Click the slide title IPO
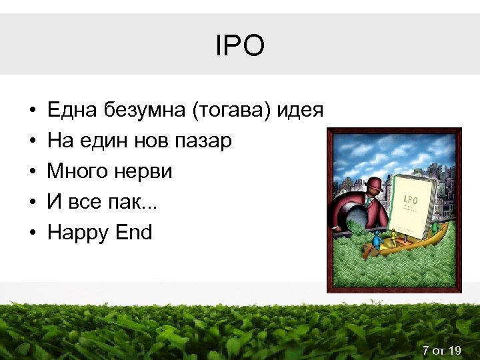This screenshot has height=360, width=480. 240,46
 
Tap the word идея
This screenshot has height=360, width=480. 301,111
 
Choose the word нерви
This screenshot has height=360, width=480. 142,172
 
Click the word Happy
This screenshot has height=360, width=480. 77,233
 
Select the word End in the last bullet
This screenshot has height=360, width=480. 133,233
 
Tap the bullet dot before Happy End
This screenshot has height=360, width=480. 32,233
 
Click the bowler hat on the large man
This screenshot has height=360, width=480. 375,183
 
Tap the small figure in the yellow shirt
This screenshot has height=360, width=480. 393,237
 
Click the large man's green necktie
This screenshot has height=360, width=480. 369,201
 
